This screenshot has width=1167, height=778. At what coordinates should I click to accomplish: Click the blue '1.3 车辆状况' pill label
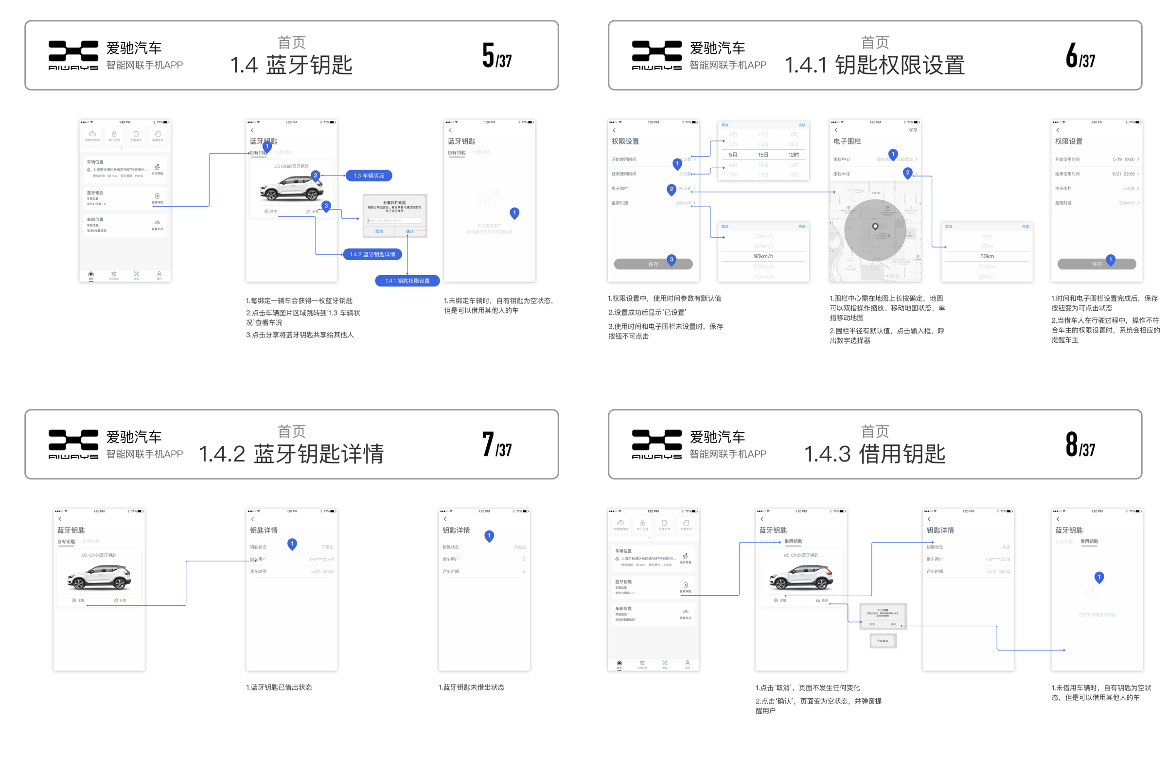click(369, 176)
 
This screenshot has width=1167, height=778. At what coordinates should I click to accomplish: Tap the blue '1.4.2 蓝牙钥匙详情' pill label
click(372, 254)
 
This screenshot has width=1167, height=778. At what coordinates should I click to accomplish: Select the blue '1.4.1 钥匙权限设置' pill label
click(407, 281)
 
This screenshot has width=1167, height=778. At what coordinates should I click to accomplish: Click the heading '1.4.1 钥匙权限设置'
click(874, 65)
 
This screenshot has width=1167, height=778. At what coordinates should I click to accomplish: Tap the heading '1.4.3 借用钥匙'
click(874, 454)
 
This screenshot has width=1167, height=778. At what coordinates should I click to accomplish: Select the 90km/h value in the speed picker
click(763, 257)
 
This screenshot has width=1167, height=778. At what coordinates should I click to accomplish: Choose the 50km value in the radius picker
click(987, 257)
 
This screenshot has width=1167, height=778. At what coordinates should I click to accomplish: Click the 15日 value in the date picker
click(763, 155)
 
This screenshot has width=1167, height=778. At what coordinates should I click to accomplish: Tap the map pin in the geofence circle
click(875, 227)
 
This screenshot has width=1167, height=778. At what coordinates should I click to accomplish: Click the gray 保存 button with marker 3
click(653, 265)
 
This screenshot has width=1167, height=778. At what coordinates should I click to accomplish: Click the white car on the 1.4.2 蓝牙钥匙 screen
click(99, 577)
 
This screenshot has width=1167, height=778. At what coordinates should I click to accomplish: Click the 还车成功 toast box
click(883, 641)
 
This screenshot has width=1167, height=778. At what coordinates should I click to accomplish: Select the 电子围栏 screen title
click(847, 141)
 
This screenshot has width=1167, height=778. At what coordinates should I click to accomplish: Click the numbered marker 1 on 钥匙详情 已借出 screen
click(292, 544)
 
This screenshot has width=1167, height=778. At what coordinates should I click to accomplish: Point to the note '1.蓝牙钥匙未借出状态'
click(471, 687)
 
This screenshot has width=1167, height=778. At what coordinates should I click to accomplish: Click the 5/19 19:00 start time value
click(1123, 159)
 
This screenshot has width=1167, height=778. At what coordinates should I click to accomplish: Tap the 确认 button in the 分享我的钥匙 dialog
click(410, 232)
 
